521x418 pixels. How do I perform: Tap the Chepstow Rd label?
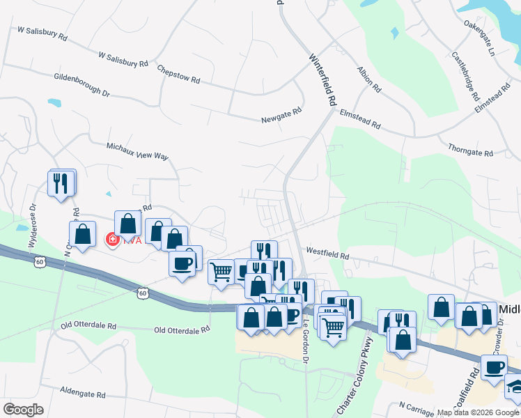179,75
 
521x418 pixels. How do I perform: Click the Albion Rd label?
368,80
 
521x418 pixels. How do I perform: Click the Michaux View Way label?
137,152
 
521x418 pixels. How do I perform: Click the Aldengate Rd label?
82,393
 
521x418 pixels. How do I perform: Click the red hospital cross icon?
111,240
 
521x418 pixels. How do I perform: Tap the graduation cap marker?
514,385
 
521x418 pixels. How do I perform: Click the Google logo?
23,409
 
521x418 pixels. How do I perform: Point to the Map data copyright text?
478,412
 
